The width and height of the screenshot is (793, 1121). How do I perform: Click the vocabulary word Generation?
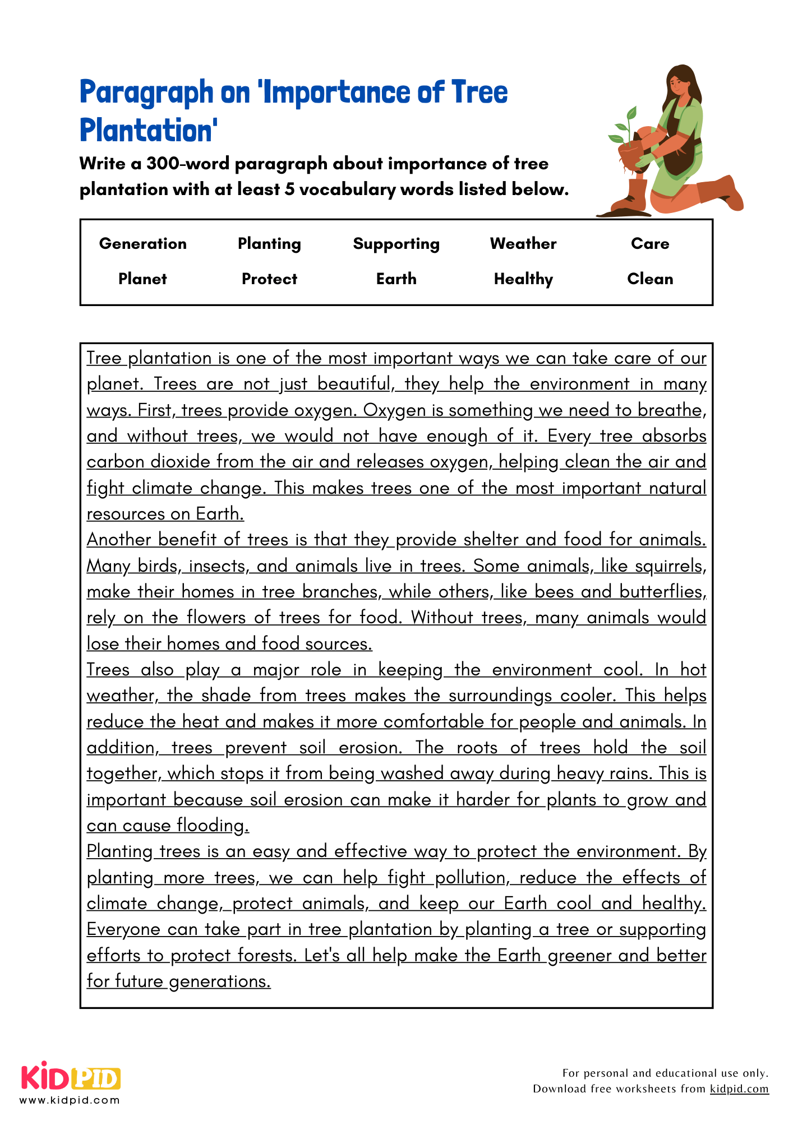142,244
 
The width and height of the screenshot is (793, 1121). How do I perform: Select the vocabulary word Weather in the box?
523,244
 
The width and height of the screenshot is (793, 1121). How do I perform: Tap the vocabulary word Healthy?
523,279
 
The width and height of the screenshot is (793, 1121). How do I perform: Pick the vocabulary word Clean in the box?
649,279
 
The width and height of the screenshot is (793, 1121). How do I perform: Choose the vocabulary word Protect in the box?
269,279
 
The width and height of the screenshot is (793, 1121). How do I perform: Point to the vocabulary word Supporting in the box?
396,244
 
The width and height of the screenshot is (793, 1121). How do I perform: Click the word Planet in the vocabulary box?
142,279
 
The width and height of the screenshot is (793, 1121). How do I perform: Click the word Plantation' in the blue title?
149,130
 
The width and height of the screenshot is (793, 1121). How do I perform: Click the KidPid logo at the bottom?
71,1077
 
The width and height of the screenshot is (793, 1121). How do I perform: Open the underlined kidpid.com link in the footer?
739,1089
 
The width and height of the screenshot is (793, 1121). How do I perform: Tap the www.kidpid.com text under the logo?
70,1100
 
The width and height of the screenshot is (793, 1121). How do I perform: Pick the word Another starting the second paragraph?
119,540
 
